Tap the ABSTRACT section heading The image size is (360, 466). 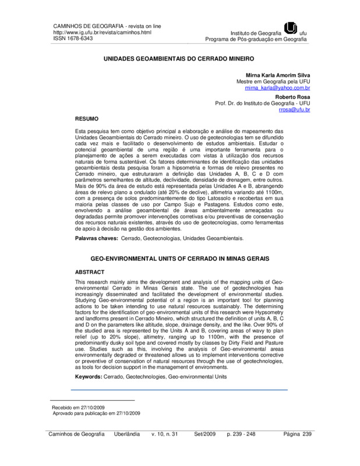[91, 272]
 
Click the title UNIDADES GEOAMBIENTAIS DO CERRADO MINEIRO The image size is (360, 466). [180, 59]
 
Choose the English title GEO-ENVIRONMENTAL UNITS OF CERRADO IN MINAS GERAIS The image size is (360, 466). [180, 257]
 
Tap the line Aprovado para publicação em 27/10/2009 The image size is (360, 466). [96, 413]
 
